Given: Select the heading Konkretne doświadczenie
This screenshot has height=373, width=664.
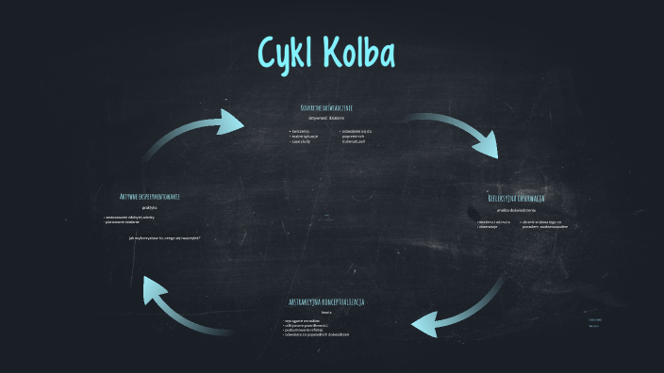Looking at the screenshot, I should coord(326,108).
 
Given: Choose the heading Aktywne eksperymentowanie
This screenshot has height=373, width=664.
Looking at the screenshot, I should coord(150,197).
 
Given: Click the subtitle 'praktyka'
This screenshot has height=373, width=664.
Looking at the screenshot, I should coord(150,207).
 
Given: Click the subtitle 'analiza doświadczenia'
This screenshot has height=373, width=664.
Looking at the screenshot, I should coord(516,210).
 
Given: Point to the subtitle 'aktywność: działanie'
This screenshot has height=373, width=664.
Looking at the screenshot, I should coord(326,119).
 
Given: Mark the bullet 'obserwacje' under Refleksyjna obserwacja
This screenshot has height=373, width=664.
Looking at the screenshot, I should coord(489,227).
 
